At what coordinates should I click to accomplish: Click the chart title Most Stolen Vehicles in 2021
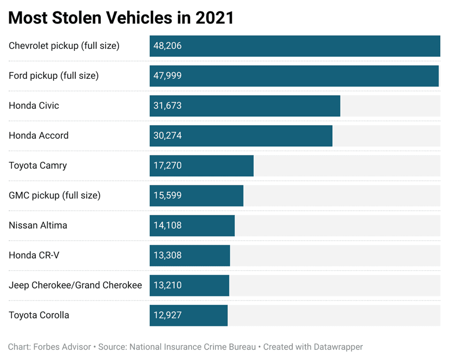click(x=121, y=18)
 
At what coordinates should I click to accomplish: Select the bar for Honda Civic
click(x=245, y=106)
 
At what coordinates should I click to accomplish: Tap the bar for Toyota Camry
click(x=201, y=165)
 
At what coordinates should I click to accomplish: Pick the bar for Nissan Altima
click(x=192, y=225)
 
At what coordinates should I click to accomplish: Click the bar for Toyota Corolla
click(x=188, y=315)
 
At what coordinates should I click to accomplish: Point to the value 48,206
click(x=168, y=46)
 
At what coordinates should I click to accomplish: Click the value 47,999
click(x=168, y=76)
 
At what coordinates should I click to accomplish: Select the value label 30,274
click(x=168, y=136)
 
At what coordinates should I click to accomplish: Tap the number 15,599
click(x=168, y=195)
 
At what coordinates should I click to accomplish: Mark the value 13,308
click(x=168, y=255)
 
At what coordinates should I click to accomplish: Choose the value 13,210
click(x=168, y=285)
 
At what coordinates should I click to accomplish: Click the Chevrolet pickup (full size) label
click(x=64, y=46)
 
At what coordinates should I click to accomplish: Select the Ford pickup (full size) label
click(x=53, y=76)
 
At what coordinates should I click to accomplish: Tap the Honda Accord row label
click(x=39, y=136)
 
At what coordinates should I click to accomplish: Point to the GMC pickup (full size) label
click(x=54, y=195)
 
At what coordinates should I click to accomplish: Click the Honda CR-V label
click(x=34, y=255)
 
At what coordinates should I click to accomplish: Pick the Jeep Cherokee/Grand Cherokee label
click(x=75, y=285)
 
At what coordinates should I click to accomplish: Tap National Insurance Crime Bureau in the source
click(x=192, y=347)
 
